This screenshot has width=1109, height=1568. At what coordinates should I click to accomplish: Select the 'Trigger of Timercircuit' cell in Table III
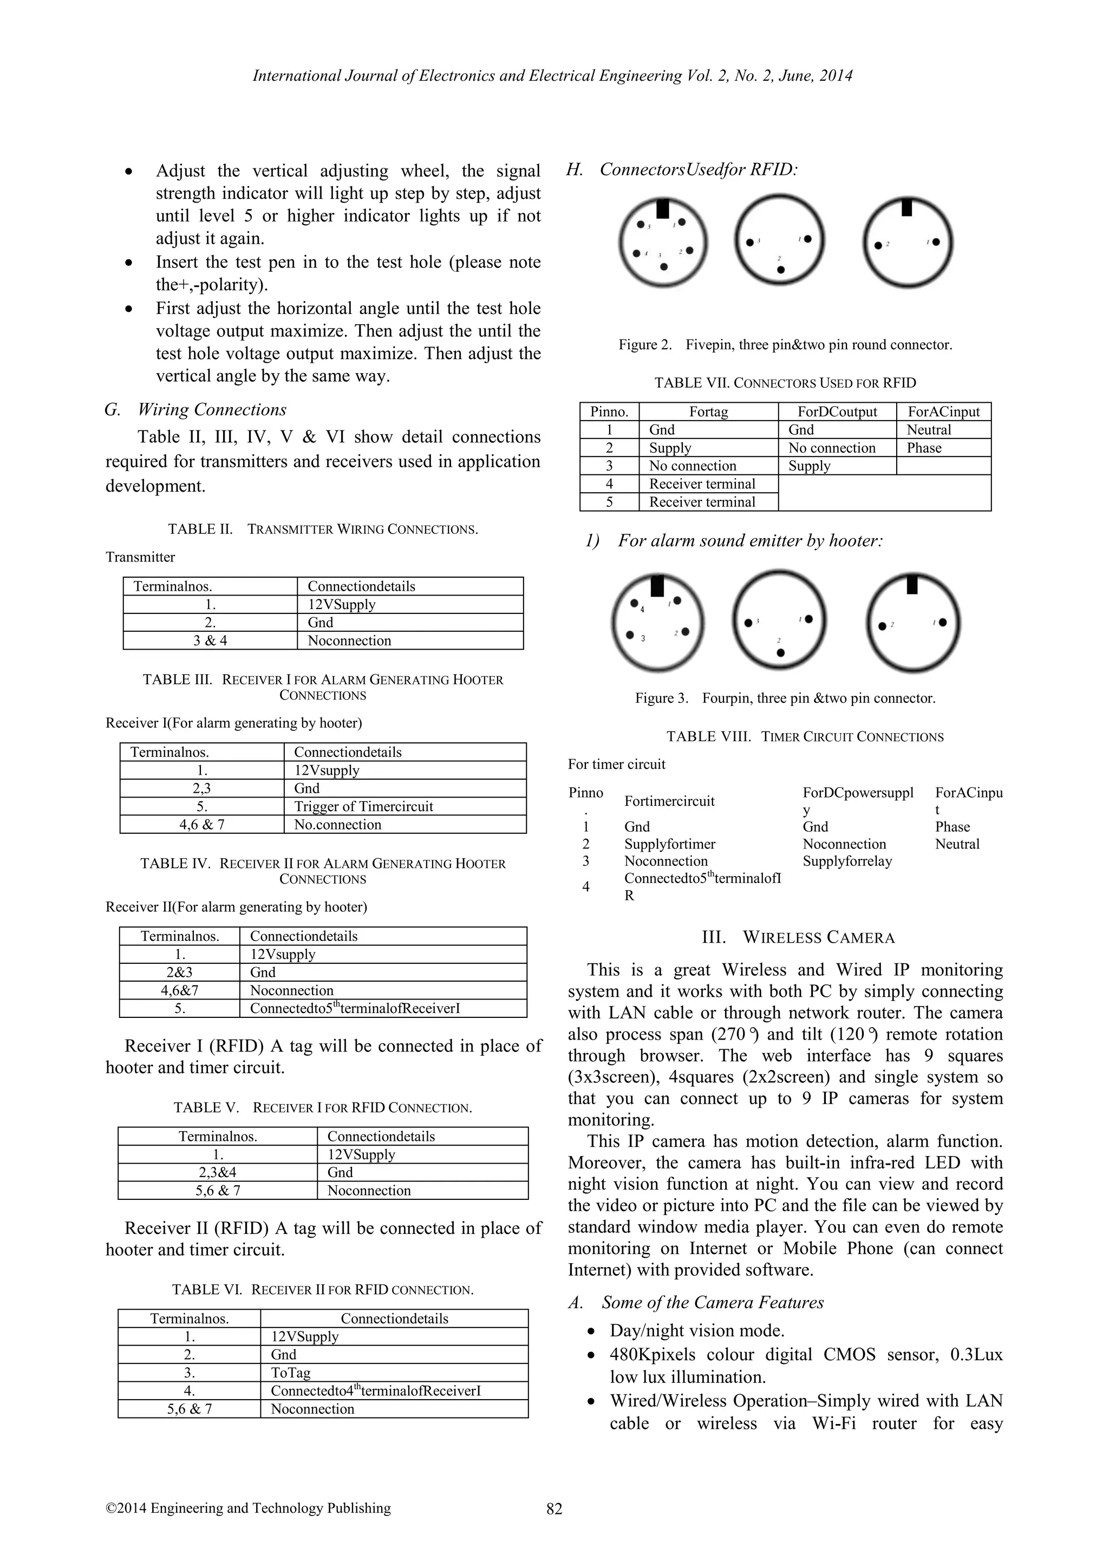tap(363, 807)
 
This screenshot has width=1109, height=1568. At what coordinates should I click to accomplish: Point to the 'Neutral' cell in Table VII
tap(928, 429)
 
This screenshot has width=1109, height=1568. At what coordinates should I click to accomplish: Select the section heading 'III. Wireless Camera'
tap(798, 937)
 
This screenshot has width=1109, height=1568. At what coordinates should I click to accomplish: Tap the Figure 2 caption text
tap(785, 345)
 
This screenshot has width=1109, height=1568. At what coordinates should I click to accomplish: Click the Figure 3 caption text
tap(785, 698)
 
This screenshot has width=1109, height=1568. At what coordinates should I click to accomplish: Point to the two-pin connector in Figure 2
tap(908, 241)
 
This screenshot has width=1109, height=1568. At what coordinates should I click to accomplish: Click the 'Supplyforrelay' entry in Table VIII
tap(847, 861)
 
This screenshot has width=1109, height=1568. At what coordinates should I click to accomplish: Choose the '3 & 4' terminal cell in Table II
tap(210, 641)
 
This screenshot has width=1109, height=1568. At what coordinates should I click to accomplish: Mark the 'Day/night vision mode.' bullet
tap(696, 1330)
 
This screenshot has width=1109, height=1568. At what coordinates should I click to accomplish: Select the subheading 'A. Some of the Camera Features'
tap(696, 1302)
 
